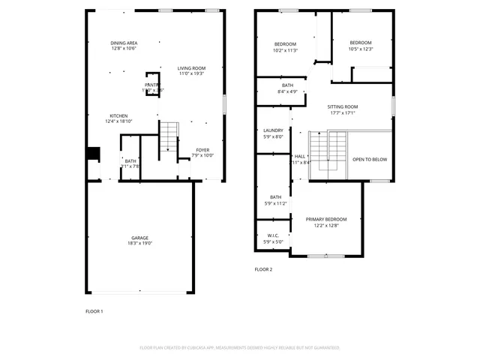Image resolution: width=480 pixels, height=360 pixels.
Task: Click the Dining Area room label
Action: (123, 43)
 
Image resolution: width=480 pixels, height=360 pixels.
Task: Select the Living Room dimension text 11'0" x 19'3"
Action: (191, 73)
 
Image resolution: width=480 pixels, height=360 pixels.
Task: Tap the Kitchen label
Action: (119, 115)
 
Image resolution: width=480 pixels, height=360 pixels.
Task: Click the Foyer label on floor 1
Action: (202, 150)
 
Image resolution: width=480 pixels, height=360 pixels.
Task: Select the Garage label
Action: (140, 238)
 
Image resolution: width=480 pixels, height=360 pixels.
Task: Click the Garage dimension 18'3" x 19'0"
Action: (140, 244)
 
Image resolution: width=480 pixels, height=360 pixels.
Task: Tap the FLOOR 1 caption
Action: (94, 310)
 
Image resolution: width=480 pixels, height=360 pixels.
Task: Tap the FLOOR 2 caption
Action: (263, 269)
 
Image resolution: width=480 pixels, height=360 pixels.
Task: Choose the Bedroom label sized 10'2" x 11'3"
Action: (285, 44)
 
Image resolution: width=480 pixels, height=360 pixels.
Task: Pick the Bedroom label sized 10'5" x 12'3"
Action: (361, 43)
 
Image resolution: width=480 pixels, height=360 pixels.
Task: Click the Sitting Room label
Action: (343, 107)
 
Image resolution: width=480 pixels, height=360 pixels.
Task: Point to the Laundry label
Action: (273, 130)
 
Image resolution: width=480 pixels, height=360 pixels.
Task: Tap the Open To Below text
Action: (370, 159)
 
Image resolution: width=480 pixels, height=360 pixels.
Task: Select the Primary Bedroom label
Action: (326, 219)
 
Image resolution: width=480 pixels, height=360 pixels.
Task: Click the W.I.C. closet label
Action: (273, 235)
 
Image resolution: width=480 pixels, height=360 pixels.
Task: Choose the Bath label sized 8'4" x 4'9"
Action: (287, 85)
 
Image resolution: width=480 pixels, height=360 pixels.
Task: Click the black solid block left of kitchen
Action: (93, 153)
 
